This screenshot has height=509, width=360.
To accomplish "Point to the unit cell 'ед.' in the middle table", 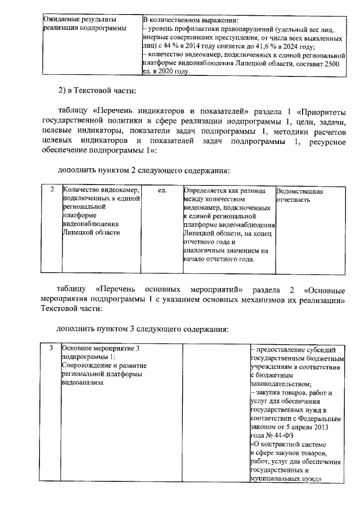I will [x=163, y=192].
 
